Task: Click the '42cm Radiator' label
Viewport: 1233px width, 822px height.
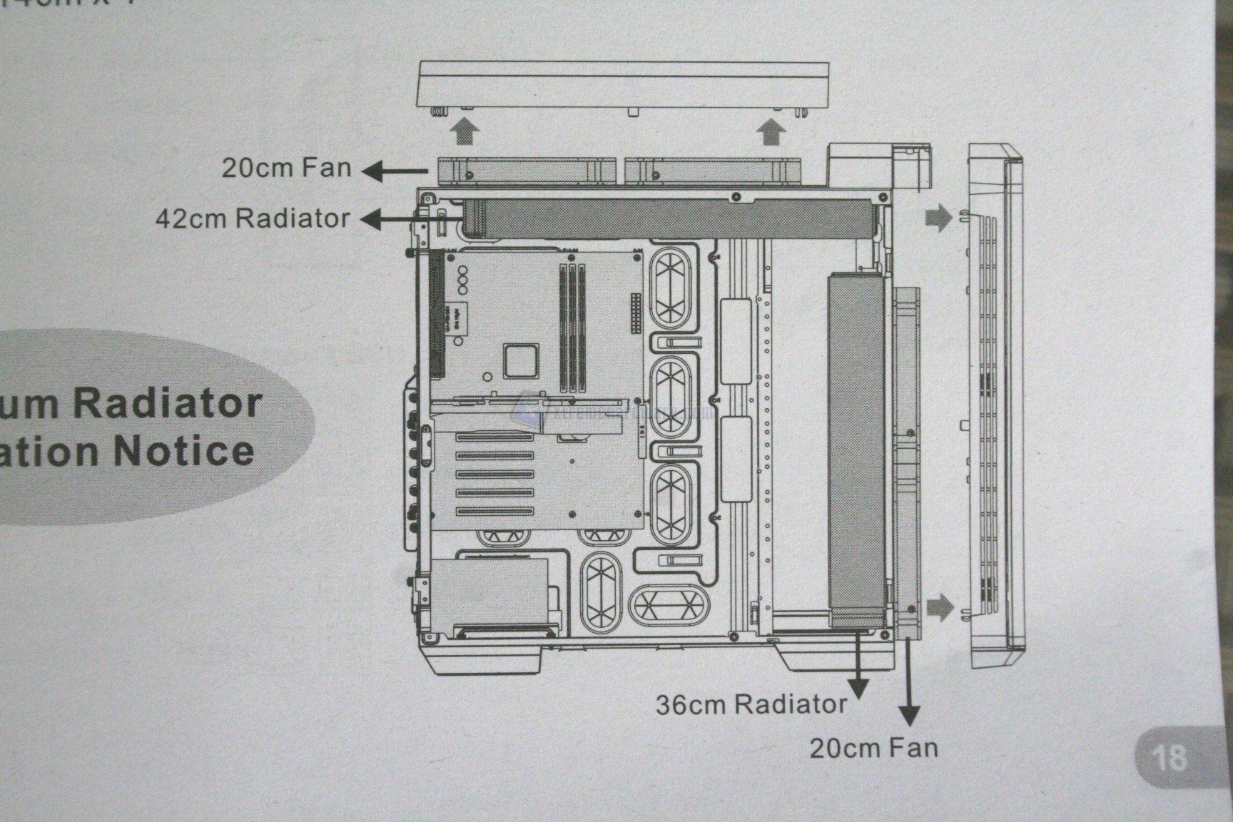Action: point(253,218)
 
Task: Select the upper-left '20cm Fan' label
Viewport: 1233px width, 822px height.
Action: point(286,168)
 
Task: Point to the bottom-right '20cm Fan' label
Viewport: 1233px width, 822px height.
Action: point(873,749)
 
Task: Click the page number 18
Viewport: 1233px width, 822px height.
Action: point(1169,756)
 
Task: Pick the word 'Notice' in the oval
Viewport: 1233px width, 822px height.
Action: point(183,451)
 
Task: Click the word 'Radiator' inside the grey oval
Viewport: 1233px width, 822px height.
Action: point(168,403)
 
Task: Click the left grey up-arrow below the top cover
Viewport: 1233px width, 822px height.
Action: point(465,132)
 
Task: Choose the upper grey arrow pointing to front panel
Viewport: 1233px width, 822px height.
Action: point(939,218)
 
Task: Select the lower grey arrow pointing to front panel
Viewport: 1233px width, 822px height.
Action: point(939,608)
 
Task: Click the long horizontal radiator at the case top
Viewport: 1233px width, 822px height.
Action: point(671,218)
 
